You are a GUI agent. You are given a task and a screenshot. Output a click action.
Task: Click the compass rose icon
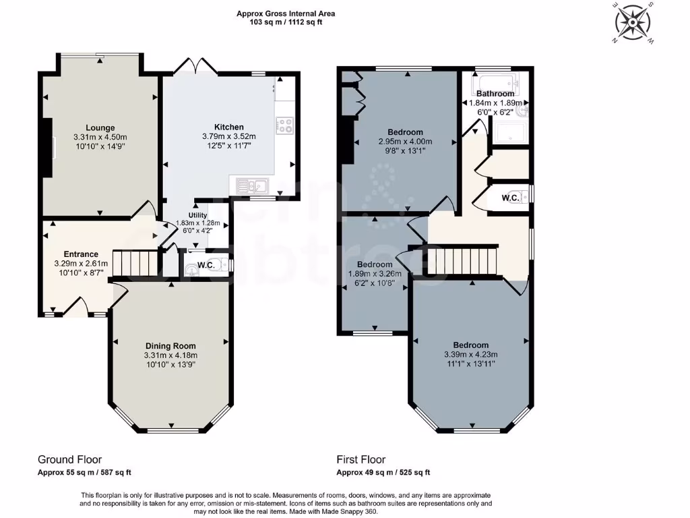click(633, 23)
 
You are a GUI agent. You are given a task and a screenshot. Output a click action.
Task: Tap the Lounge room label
click(100, 127)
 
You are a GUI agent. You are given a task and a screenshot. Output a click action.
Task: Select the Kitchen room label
click(229, 127)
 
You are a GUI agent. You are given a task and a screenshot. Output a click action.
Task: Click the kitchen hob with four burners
click(285, 125)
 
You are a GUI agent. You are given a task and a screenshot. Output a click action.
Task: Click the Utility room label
click(189, 215)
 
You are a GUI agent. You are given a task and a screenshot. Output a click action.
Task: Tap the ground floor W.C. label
click(206, 265)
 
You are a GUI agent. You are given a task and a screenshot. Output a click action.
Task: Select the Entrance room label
click(81, 254)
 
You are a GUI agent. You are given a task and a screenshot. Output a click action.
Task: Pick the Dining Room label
click(170, 346)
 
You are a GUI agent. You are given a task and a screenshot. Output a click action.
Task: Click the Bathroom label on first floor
click(495, 94)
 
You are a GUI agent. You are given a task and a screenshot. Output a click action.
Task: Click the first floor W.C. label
click(510, 198)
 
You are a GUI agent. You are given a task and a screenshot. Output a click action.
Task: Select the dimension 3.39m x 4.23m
click(470, 355)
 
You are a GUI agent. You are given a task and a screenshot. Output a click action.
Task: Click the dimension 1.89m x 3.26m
click(375, 274)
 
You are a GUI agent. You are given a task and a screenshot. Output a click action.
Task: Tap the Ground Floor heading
click(69, 459)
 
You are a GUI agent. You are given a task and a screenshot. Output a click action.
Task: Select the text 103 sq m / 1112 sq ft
click(286, 22)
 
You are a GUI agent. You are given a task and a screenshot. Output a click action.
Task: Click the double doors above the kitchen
click(195, 66)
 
